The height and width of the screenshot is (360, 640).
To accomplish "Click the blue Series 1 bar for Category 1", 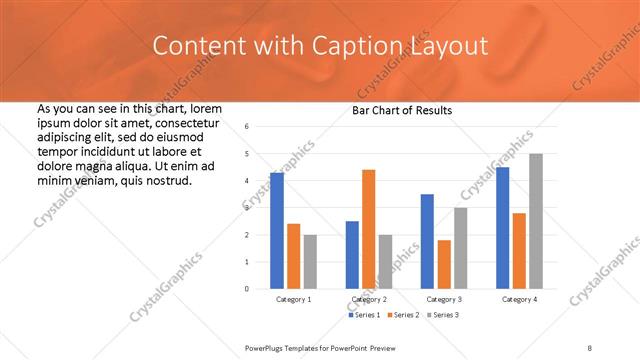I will pos(277,230).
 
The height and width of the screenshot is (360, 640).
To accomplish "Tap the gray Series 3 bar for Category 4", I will pos(536,221).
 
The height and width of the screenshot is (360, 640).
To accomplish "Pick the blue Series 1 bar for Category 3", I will pos(427,241).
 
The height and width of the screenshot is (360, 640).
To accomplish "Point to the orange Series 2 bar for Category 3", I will pos(444,264).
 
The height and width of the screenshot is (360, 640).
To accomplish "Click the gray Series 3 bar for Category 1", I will pos(310,261).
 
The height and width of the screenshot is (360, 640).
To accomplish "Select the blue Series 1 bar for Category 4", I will pos(502,228).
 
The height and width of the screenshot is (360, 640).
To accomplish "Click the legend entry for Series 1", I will pos(363,315).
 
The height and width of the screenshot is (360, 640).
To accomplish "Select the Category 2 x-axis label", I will pos(368,299).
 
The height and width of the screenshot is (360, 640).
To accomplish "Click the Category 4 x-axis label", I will pos(519,299).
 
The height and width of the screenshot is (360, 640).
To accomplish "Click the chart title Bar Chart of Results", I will pos(402,110).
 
